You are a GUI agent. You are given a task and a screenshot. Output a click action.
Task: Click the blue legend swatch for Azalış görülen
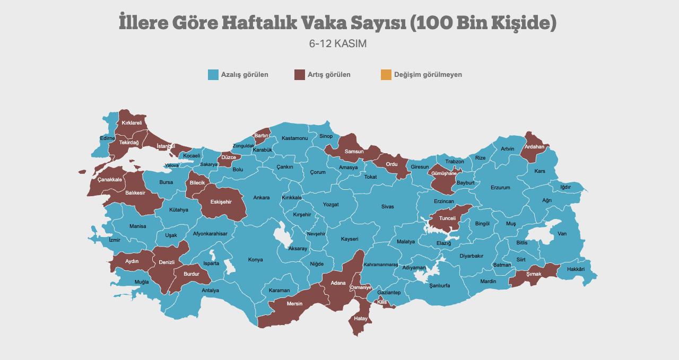[213, 75]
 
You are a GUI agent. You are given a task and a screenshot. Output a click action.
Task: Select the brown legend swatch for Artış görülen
[300, 75]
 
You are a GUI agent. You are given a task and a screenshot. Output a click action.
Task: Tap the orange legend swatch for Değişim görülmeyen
[386, 75]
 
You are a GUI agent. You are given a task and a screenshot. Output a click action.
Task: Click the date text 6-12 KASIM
[338, 43]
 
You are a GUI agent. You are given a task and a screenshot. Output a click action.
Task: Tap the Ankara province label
[261, 198]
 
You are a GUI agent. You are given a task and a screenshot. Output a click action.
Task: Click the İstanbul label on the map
[166, 146]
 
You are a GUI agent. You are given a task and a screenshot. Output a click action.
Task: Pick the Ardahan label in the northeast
[534, 147]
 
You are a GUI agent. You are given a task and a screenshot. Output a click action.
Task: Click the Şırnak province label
[534, 274]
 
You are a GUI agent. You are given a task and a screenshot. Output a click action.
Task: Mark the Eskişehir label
[221, 202]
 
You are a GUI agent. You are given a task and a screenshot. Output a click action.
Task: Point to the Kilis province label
[382, 302]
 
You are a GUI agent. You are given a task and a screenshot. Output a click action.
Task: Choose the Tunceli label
[448, 218]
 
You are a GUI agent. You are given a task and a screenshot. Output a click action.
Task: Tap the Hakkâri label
[576, 269]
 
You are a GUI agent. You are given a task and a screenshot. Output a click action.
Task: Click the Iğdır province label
[565, 187]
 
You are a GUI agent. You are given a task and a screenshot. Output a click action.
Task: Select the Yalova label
[171, 165]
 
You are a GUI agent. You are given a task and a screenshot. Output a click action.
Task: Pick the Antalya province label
[210, 291]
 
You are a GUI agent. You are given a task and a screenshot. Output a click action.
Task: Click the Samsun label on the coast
[354, 152]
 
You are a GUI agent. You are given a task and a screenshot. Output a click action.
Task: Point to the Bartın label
[261, 136]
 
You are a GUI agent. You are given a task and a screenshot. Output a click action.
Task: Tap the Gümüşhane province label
[444, 173]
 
